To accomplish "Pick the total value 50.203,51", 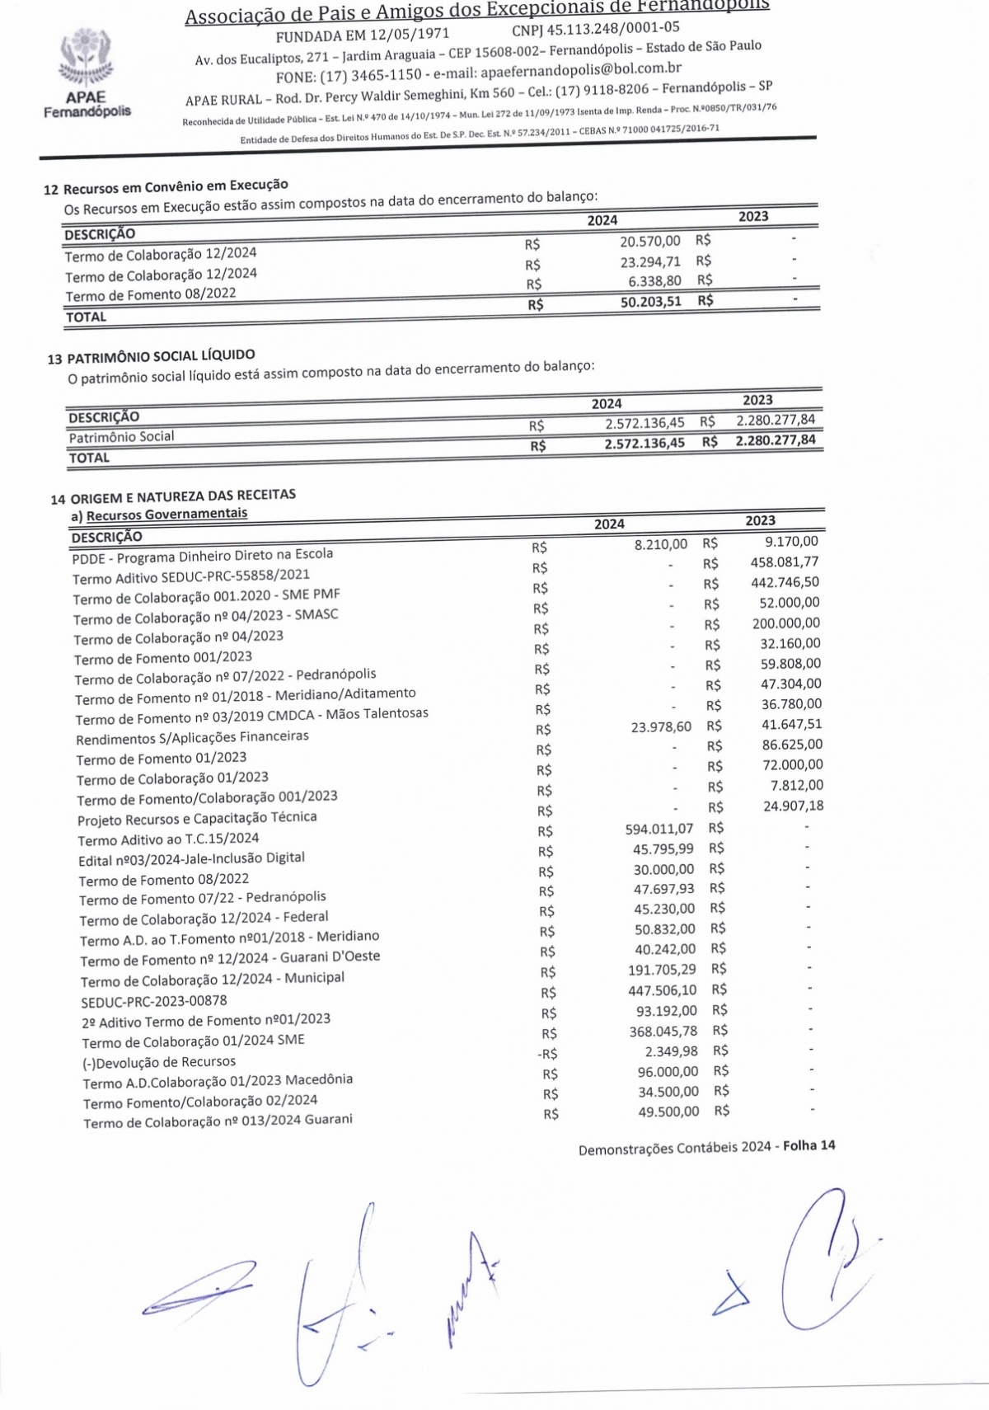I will point(650,302).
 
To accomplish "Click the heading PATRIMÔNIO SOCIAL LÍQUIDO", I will point(161,356).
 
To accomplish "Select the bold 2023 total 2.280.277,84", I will point(775,440).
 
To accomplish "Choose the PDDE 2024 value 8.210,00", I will point(660,544).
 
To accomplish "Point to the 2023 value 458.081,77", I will point(785,562).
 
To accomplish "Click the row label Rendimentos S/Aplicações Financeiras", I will point(192,737).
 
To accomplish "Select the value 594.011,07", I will point(659,829).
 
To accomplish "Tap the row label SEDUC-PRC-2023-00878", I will point(153,1001).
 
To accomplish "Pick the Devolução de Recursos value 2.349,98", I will point(671,1051).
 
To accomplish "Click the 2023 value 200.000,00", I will point(785,623).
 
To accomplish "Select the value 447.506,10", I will point(662,989).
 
